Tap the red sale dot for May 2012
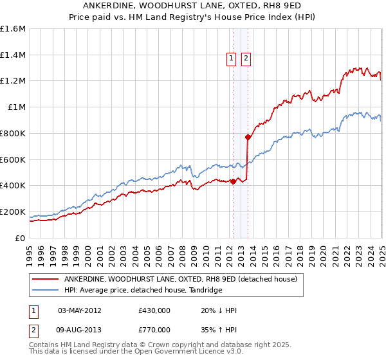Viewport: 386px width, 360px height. tap(233, 181)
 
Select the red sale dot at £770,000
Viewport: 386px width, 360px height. tap(248, 137)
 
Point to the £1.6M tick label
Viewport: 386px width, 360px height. tap(13, 29)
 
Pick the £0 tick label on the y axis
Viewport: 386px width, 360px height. tap(21, 238)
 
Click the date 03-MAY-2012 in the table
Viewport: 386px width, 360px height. tap(80, 310)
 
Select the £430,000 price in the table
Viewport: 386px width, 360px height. tap(154, 310)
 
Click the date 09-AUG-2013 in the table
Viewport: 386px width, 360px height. tap(80, 329)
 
